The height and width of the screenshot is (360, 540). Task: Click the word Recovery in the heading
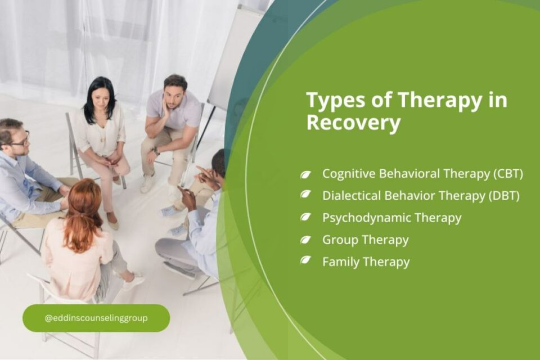(x=353, y=123)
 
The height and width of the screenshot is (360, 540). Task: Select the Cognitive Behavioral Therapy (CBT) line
(x=422, y=174)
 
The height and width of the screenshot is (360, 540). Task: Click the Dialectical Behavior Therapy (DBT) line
(x=421, y=195)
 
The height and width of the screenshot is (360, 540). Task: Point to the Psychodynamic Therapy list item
(x=391, y=217)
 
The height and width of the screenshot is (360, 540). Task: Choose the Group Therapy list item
(x=365, y=240)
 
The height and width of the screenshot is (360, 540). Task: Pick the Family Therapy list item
(x=366, y=262)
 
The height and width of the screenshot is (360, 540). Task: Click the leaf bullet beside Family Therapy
(x=305, y=260)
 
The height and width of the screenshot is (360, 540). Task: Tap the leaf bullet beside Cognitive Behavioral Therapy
(x=305, y=174)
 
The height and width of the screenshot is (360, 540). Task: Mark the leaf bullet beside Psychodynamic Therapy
(x=305, y=217)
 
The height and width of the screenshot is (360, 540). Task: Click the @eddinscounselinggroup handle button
(x=96, y=318)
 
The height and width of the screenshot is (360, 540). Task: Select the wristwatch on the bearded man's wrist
(x=156, y=151)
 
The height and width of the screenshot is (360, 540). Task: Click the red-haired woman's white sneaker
(x=133, y=280)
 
